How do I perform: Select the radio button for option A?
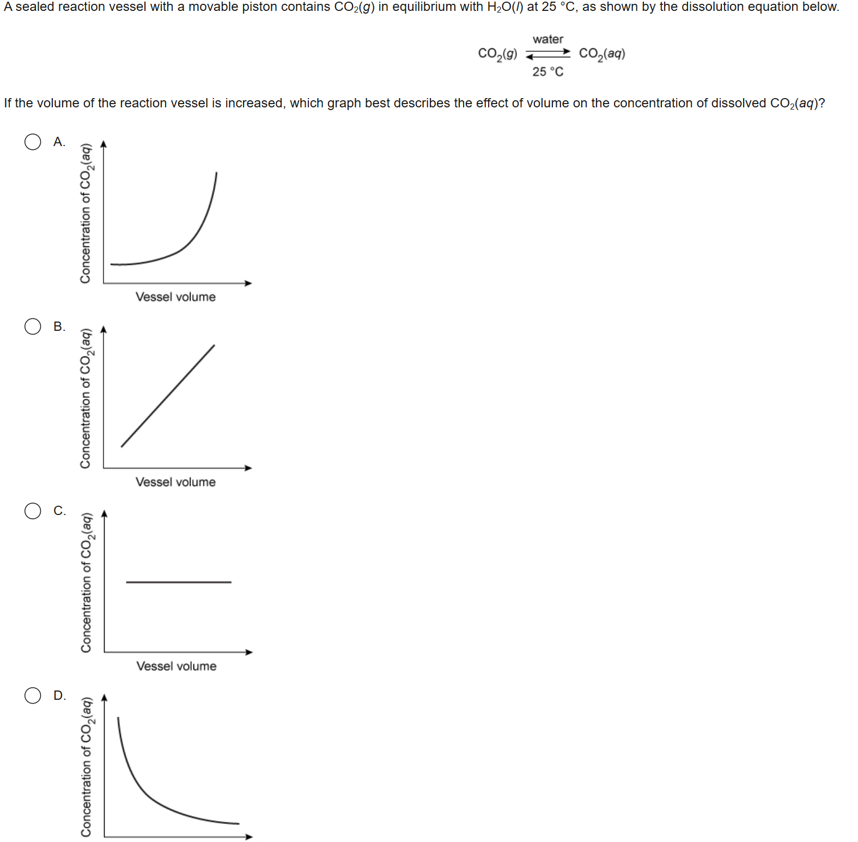click(33, 142)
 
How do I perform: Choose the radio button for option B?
click(33, 326)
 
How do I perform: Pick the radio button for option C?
click(33, 511)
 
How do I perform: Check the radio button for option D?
click(33, 695)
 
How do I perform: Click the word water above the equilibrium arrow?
click(548, 39)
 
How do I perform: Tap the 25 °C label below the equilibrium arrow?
click(548, 71)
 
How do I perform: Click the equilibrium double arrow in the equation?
click(548, 53)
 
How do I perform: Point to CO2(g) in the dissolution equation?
click(497, 54)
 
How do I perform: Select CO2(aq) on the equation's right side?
click(602, 54)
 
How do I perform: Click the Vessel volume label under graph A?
click(175, 297)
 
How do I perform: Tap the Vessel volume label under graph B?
click(175, 482)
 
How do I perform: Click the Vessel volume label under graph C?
click(176, 667)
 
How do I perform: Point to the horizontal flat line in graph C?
click(179, 582)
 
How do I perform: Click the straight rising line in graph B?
click(168, 396)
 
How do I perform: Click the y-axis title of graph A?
click(86, 213)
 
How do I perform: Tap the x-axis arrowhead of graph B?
click(248, 468)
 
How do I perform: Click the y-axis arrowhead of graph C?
click(105, 513)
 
